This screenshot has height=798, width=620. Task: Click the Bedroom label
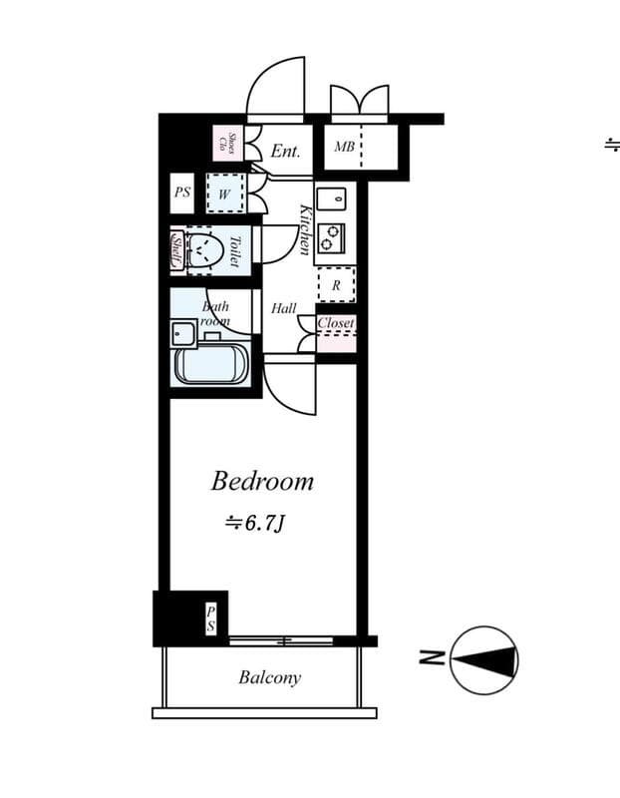(x=262, y=482)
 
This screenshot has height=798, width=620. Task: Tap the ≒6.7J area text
(x=256, y=522)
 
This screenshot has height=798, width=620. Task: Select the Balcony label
(x=269, y=678)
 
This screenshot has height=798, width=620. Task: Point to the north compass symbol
(x=484, y=659)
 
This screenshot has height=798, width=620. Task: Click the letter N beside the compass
(x=431, y=658)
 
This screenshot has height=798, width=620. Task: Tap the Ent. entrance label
(x=285, y=151)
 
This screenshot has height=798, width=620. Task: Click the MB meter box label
(x=344, y=148)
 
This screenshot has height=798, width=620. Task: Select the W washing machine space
(x=224, y=193)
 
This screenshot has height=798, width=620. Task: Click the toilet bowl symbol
(x=204, y=248)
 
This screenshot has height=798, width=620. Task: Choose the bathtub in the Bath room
(x=211, y=365)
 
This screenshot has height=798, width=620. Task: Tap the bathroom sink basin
(x=182, y=332)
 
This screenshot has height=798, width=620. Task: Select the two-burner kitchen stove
(x=334, y=237)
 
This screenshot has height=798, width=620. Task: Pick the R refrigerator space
(x=336, y=284)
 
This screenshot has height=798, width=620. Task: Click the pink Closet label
(x=336, y=324)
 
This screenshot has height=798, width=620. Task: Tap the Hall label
(x=284, y=309)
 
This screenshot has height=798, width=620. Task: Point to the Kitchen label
(x=306, y=229)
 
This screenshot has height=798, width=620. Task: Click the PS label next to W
(x=181, y=193)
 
